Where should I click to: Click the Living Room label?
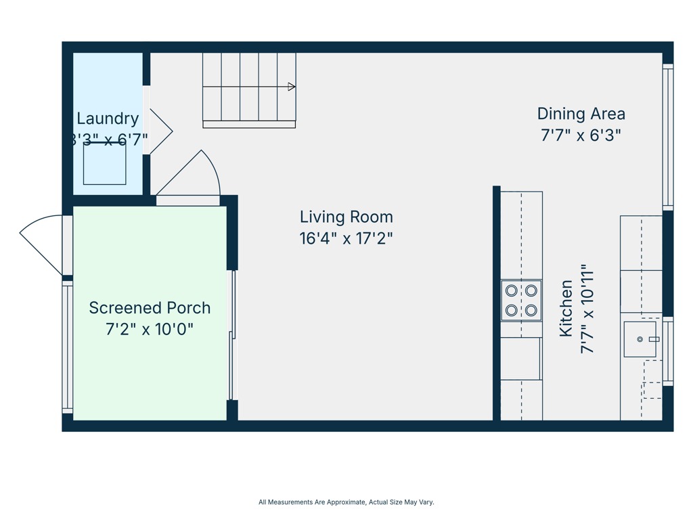[x=346, y=217]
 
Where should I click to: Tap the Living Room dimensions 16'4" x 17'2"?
[x=346, y=238]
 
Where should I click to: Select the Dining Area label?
[x=581, y=114]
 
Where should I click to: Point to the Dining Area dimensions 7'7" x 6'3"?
[x=581, y=135]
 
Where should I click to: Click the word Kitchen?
[x=566, y=309]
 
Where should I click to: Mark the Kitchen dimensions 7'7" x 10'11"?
[x=587, y=309]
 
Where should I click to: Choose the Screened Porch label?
[x=150, y=308]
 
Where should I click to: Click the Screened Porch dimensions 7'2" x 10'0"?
[x=150, y=330]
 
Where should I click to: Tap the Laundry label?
[x=108, y=118]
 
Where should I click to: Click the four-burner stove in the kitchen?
[x=521, y=301]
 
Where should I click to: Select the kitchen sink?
[x=640, y=339]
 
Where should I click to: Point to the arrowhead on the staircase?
[x=292, y=87]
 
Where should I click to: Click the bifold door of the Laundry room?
[x=160, y=131]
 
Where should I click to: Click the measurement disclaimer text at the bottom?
[x=346, y=502]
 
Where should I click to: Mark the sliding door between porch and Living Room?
[x=232, y=335]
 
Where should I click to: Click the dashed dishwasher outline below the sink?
[x=652, y=380]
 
